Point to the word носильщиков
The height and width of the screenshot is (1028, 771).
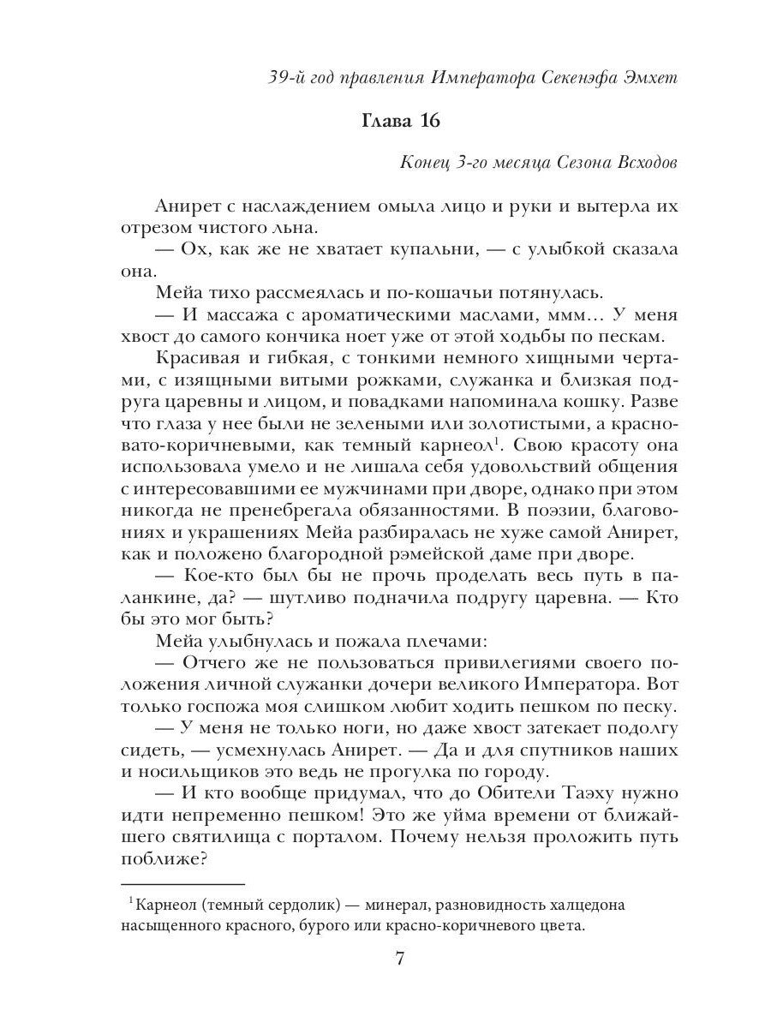(x=203, y=771)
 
